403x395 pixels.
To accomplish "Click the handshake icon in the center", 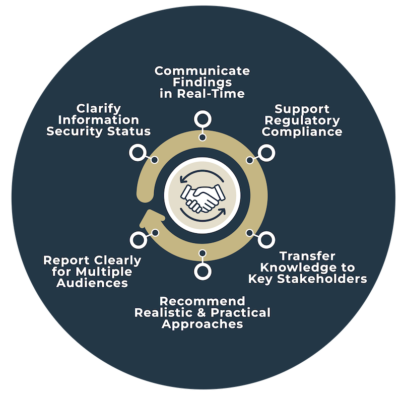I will [202, 197].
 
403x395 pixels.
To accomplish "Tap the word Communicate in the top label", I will [202, 71].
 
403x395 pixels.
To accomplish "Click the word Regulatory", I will [302, 120].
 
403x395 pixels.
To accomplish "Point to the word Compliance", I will [302, 132].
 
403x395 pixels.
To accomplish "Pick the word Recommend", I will [202, 302].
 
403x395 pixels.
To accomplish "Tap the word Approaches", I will [202, 324].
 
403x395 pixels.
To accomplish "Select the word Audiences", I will [92, 283].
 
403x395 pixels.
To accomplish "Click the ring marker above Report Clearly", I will [137, 239].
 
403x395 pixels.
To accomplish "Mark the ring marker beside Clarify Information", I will [137, 153].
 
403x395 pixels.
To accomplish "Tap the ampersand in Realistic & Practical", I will [205, 313].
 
